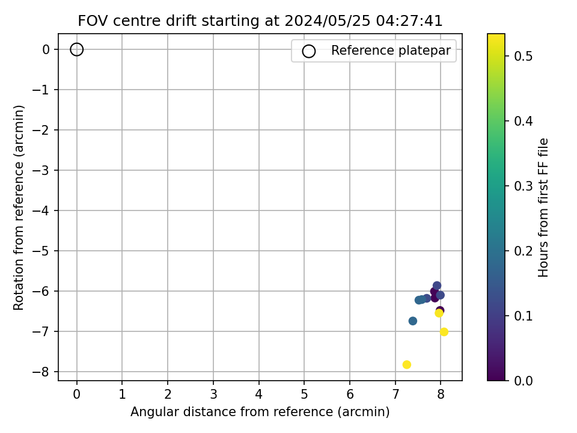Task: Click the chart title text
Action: click(x=260, y=20)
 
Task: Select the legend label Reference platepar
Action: click(x=391, y=51)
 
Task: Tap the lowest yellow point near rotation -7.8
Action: click(x=407, y=364)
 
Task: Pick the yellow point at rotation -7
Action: click(x=444, y=332)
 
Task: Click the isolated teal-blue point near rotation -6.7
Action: click(x=413, y=321)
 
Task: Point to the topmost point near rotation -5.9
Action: click(x=437, y=285)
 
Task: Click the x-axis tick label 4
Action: click(x=258, y=395)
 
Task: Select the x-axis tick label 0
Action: click(x=76, y=395)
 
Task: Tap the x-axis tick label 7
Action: click(x=395, y=395)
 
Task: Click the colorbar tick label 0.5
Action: click(x=524, y=56)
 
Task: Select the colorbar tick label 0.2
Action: click(x=524, y=251)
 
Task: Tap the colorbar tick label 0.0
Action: click(x=524, y=380)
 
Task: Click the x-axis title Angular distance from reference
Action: click(x=260, y=411)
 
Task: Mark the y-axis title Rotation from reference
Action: click(x=19, y=207)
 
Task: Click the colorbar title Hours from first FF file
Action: click(x=543, y=207)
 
